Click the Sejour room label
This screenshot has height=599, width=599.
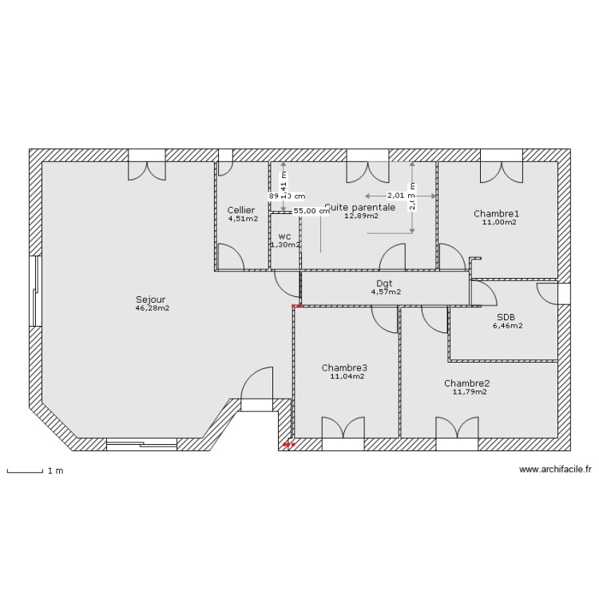click(152, 300)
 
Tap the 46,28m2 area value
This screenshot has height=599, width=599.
click(152, 308)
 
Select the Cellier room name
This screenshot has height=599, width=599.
click(241, 210)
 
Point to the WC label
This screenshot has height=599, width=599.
click(284, 236)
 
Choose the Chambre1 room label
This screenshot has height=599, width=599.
click(496, 214)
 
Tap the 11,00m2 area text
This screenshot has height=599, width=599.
click(498, 223)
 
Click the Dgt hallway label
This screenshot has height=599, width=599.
click(385, 284)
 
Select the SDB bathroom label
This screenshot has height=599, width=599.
click(506, 316)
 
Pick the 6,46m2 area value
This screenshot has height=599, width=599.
click(508, 325)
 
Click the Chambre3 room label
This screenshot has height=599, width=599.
click(344, 368)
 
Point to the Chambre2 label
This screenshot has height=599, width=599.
click(467, 383)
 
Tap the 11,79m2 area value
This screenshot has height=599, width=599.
click(470, 392)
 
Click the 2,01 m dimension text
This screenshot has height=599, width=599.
click(397, 195)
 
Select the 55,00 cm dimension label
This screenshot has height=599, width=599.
click(311, 212)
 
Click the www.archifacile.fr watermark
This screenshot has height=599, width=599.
click(555, 470)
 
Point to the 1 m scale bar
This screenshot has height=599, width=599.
click(25, 471)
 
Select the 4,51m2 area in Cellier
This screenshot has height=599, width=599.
click(243, 219)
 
